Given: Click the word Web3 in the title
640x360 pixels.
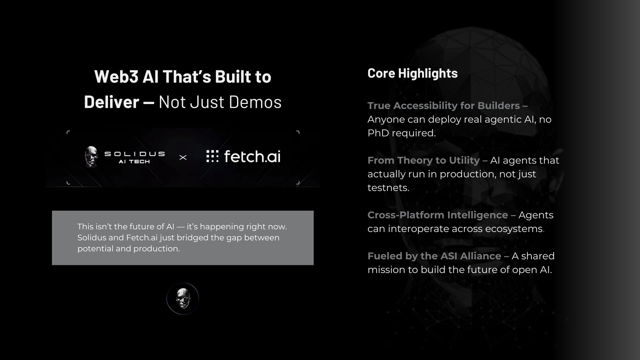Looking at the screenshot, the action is click(116, 77).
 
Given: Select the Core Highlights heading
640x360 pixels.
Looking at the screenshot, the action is click(412, 73).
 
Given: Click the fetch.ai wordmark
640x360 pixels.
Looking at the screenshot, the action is click(252, 156).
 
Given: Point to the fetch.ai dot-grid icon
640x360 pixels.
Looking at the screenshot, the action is click(212, 156).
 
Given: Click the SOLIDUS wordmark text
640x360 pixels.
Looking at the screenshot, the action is click(135, 154).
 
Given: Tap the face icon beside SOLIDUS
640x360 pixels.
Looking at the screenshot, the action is click(91, 156).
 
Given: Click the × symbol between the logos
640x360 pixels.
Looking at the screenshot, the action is click(183, 157).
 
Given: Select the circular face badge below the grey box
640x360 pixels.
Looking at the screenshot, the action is click(183, 299).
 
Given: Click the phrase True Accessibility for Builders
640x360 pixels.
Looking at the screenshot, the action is click(444, 106).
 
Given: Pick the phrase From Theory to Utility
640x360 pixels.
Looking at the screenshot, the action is click(424, 160).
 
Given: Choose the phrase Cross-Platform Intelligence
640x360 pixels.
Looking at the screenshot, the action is click(438, 215).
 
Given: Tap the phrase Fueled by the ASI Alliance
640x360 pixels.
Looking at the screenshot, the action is click(434, 256).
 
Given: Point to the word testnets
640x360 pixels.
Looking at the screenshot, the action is click(388, 188).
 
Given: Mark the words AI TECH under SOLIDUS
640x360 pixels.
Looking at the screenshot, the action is click(134, 162).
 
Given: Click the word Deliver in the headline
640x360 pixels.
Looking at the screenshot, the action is click(111, 102).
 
